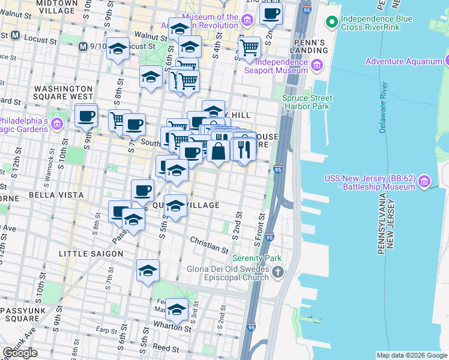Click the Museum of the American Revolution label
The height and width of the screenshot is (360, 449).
tap(210, 22)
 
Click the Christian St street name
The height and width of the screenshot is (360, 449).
tap(209, 244)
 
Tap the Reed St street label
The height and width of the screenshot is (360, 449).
tap(166, 348)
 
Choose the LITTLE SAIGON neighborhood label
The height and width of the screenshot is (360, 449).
tap(91, 254)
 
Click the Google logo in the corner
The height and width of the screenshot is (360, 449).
tap(20, 353)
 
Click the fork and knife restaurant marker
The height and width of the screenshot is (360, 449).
tap(243, 148)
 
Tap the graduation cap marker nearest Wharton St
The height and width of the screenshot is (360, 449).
tap(176, 310)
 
